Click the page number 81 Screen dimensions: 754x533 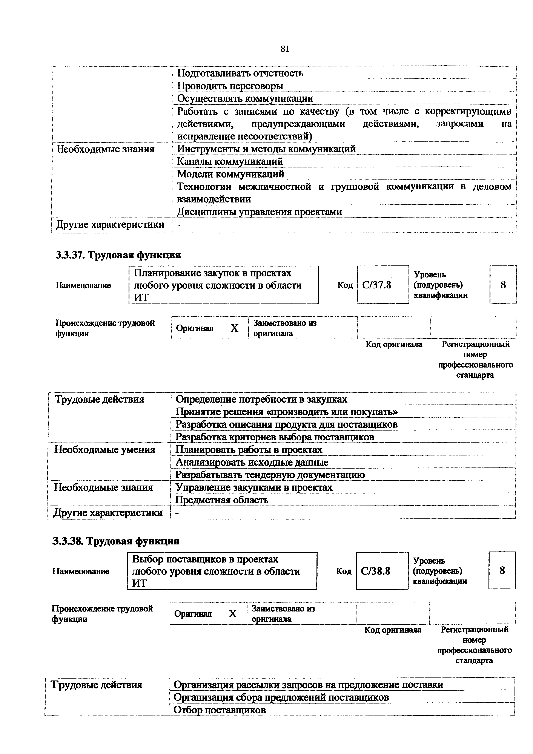[285, 49]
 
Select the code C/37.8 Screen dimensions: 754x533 [377, 285]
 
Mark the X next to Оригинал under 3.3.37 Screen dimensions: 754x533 [234, 328]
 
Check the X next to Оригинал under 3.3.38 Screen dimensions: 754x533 [232, 613]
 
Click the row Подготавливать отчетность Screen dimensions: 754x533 [240, 73]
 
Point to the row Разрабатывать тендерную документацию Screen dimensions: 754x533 [270, 475]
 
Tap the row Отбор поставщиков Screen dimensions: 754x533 [219, 710]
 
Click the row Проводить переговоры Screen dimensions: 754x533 [230, 86]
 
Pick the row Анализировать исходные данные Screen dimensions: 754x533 [252, 462]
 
